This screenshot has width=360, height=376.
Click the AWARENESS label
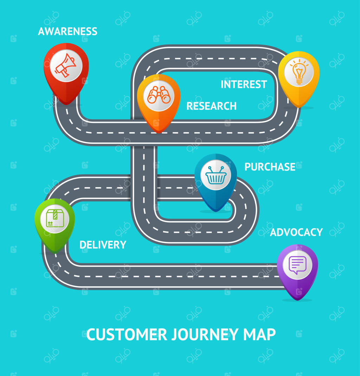click(67, 32)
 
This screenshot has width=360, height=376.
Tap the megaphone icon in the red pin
click(66, 65)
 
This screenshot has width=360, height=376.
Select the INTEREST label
click(244, 84)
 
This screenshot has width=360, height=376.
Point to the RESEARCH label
click(211, 106)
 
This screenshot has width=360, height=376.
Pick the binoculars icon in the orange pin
click(159, 95)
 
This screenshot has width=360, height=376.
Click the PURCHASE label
click(270, 167)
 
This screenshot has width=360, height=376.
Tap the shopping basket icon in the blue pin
click(216, 175)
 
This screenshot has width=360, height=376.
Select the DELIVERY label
click(103, 245)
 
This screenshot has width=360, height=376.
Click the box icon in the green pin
click(54, 219)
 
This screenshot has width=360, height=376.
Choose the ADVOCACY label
click(296, 232)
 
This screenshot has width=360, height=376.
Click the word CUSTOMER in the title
click(127, 334)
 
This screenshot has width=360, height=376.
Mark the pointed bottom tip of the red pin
click(66, 104)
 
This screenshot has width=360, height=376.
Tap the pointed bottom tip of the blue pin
click(216, 211)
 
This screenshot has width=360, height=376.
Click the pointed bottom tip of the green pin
click(54, 252)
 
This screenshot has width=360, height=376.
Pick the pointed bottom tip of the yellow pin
click(298, 107)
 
